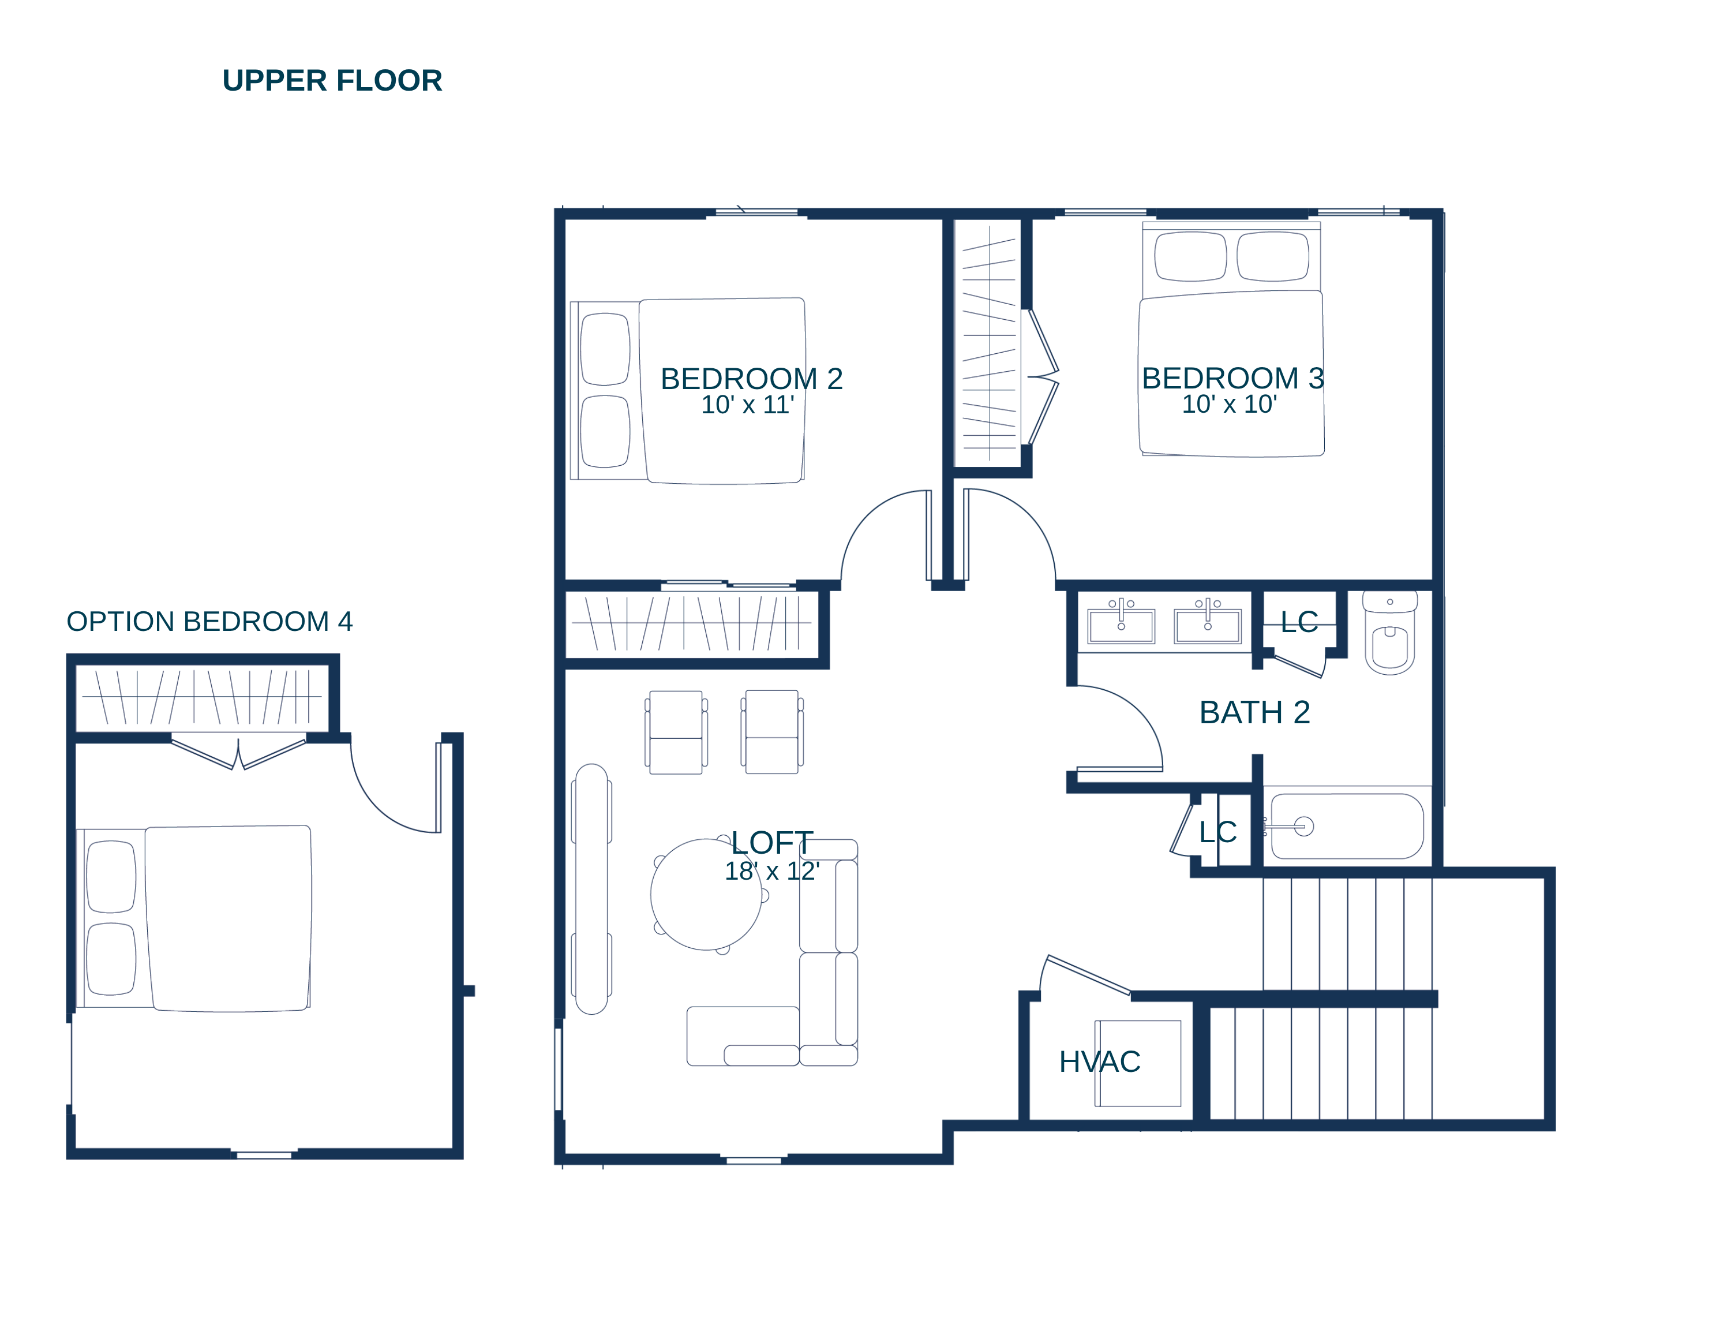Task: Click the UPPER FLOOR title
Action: coord(332,81)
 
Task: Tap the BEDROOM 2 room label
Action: coord(751,379)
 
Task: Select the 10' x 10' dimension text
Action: coord(1229,404)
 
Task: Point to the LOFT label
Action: coord(772,843)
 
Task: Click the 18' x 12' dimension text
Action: coord(772,871)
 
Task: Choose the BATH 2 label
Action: coord(1254,713)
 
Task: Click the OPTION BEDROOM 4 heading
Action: coord(209,622)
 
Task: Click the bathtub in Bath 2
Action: coord(1347,826)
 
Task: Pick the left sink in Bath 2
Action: coord(1121,625)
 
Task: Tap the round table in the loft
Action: coord(706,894)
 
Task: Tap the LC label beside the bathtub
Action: coord(1218,832)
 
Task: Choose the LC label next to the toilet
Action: coord(1299,622)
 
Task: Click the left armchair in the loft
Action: coord(676,732)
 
